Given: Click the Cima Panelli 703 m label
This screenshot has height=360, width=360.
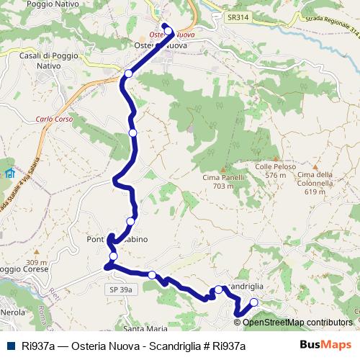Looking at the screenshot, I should coord(218,182).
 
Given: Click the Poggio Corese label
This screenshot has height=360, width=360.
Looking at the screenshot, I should coord(24,269).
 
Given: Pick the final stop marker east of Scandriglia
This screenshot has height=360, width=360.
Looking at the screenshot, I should coord(253,302).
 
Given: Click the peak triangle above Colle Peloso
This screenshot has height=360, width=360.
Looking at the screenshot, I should coord(276,158).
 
